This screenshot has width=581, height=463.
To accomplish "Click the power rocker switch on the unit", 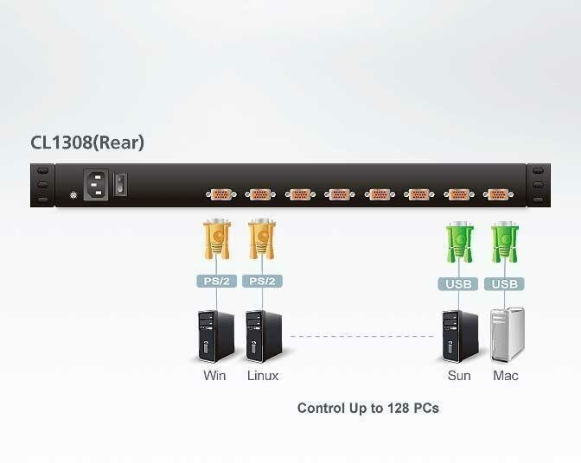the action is (x=123, y=183).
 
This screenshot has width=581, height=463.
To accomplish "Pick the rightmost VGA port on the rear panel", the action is (x=497, y=194).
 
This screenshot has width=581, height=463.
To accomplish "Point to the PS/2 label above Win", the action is (x=216, y=282).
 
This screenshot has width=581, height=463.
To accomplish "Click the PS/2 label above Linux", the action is (x=263, y=282).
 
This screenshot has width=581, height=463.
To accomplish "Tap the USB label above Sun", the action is (x=458, y=283).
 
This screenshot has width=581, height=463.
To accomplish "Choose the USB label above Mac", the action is (x=505, y=283).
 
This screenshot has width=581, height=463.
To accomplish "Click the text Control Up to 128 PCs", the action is (x=367, y=408).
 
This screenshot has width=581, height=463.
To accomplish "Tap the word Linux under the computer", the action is (x=263, y=376).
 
